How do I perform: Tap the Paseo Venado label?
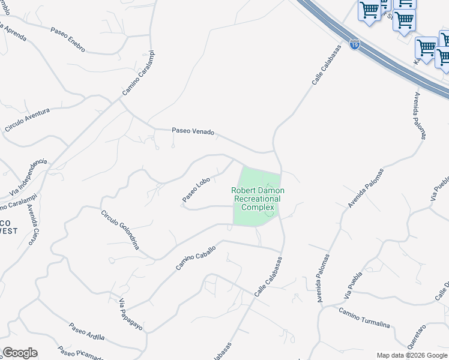pos(193,131)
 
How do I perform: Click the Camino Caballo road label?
pos(196,256)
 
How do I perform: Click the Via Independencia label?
pos(28,178)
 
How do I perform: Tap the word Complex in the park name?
pos(258,208)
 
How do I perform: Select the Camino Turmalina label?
pos(364,318)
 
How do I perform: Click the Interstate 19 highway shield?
pos(355,46)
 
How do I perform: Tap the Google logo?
pos(20,353)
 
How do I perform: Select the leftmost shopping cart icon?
pos(369,10)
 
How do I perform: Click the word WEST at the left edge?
pos(8,231)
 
